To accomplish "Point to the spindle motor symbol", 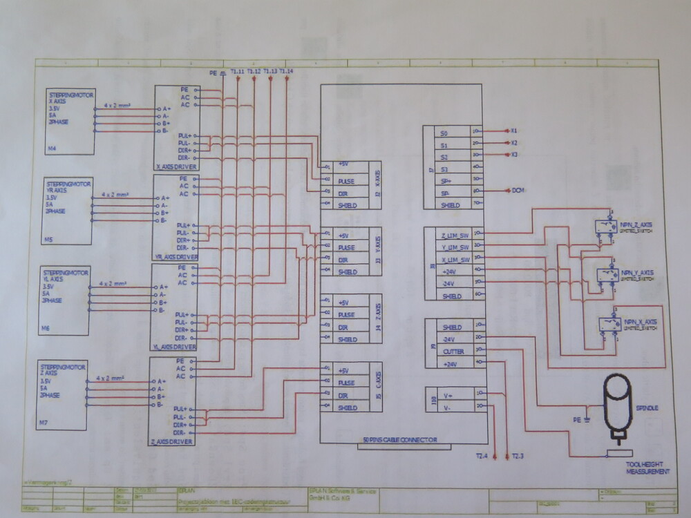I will (616, 403).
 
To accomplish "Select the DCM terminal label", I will (518, 191).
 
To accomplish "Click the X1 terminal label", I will (514, 131).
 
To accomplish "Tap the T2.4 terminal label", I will (482, 457).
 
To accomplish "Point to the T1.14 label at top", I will (286, 71).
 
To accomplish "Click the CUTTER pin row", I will (453, 352).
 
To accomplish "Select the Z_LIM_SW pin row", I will (455, 235).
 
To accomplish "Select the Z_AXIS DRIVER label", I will (172, 440).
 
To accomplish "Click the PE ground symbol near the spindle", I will (585, 417).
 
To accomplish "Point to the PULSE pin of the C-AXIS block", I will (346, 383).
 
